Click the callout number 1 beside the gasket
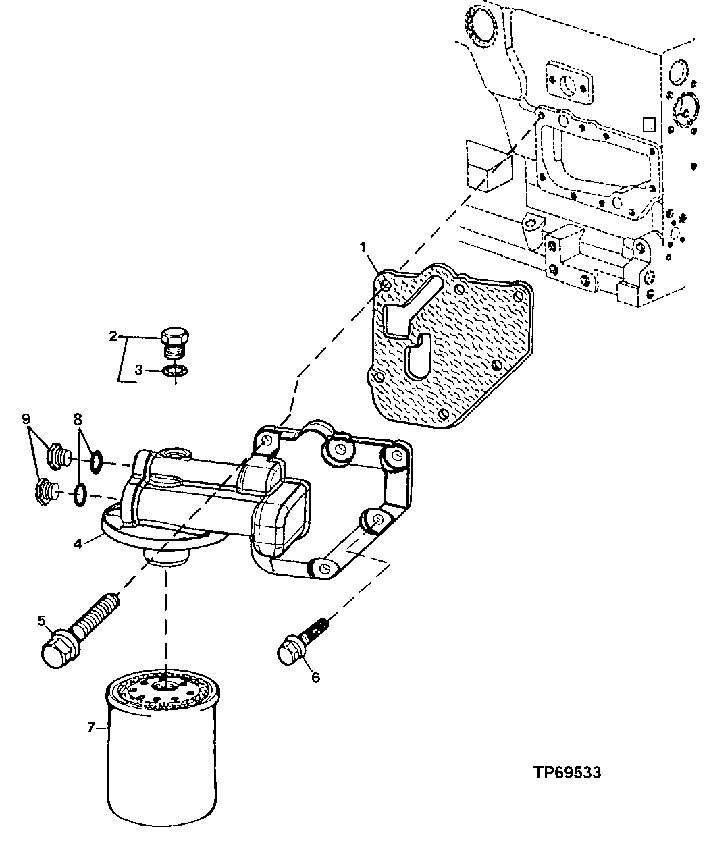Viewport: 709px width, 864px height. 363,248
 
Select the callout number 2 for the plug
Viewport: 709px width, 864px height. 113,335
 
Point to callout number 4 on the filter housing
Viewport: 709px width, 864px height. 79,542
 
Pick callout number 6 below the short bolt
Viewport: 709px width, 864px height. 315,678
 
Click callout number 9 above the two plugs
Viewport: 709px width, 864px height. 26,418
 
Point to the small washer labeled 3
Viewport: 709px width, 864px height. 176,370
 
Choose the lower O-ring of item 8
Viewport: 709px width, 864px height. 80,495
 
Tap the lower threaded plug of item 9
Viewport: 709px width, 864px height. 45,490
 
